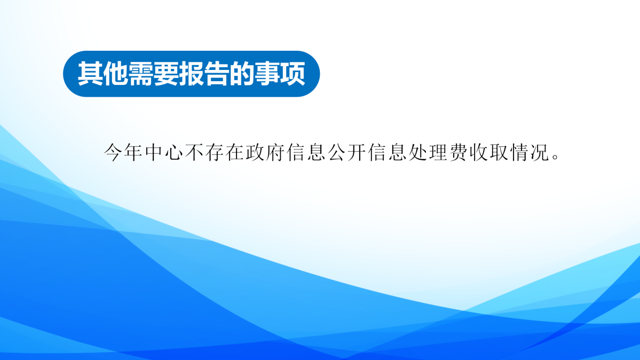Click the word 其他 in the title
103,74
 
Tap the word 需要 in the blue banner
154,74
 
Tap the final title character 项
294,74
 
